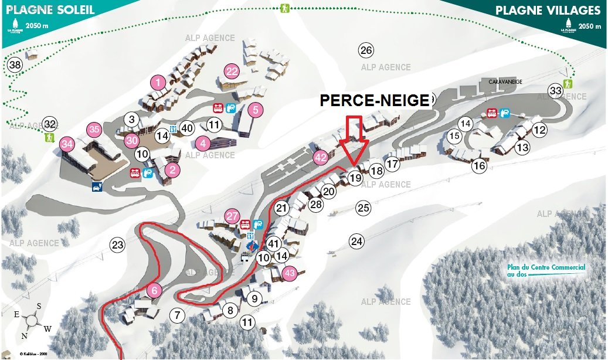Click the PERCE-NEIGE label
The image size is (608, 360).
tap(375, 100)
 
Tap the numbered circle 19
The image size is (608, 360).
tap(355, 177)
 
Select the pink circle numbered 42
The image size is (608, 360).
tap(321, 157)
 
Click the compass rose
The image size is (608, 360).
tap(33, 321)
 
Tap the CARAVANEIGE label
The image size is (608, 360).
tap(505, 82)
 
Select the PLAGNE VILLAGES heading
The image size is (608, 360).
tap(548, 10)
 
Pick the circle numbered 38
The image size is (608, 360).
tap(15, 65)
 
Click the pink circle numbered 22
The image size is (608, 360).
tap(232, 72)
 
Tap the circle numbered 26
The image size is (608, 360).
tap(366, 50)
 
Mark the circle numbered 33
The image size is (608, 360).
tap(555, 90)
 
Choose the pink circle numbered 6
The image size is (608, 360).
tap(154, 290)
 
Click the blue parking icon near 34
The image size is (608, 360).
tap(95, 187)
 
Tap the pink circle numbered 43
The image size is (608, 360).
tap(289, 273)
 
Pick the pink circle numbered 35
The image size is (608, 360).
tap(94, 129)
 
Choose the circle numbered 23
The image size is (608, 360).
tap(118, 245)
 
